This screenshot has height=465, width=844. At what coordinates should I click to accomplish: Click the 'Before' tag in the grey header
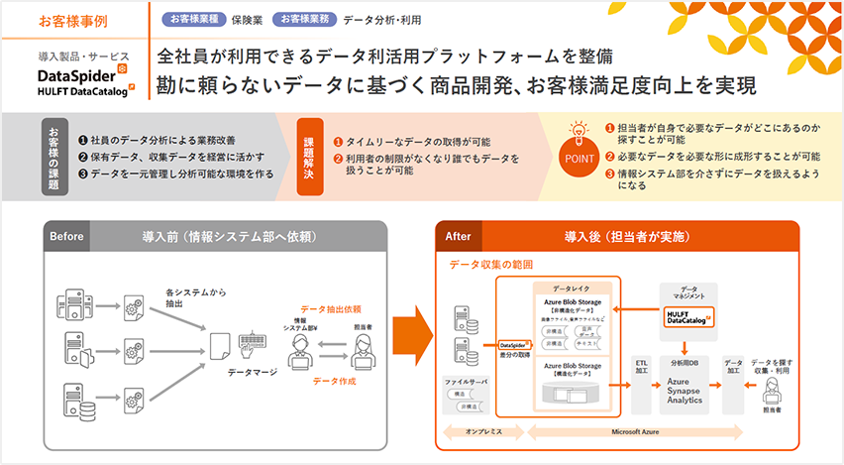[66, 237]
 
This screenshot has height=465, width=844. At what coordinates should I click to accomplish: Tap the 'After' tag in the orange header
[459, 237]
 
